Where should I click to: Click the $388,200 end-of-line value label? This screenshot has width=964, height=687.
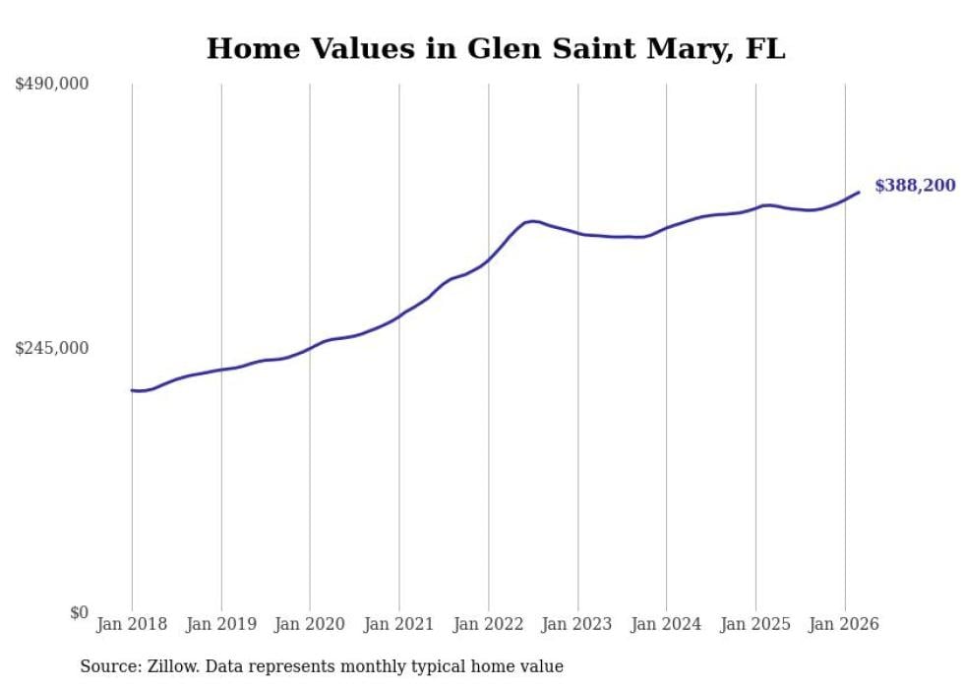[x=914, y=185]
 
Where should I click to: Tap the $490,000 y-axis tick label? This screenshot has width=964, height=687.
[x=52, y=85]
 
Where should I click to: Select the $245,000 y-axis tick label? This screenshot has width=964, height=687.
[x=52, y=348]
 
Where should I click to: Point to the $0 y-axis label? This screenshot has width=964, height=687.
[x=79, y=612]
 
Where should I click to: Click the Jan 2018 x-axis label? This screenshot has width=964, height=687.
[x=132, y=624]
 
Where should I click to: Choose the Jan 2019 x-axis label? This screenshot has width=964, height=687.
[x=221, y=624]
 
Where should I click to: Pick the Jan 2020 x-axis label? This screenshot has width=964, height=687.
[x=310, y=624]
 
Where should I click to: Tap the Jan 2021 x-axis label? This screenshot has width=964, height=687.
[x=399, y=624]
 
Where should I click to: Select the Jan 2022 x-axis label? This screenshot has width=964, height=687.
[x=488, y=624]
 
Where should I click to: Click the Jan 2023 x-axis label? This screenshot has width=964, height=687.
[x=577, y=624]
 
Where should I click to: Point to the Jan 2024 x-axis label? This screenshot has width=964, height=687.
[x=666, y=624]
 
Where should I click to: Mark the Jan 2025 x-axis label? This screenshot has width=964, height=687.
[x=755, y=624]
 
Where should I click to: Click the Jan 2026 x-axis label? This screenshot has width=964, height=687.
[x=844, y=624]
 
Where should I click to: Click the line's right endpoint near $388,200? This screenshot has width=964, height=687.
[x=859, y=192]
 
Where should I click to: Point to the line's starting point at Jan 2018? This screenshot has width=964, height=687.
[x=132, y=390]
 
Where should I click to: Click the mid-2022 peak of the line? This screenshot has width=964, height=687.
[x=532, y=221]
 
